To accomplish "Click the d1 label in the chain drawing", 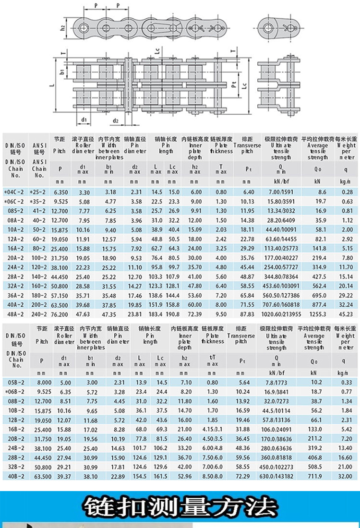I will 84,119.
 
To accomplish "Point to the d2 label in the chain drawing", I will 115,120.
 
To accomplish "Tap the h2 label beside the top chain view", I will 63,28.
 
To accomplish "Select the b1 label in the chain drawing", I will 62,72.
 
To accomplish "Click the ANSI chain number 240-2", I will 38,314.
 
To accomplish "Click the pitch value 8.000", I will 44,382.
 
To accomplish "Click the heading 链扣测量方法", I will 180,507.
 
